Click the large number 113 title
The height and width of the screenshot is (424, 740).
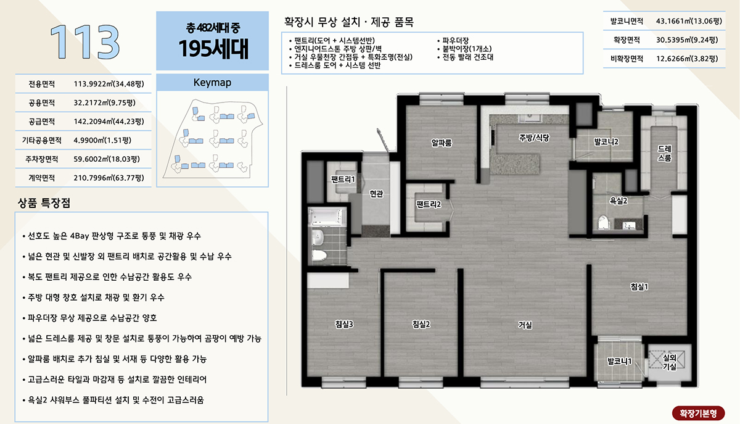point(84,42)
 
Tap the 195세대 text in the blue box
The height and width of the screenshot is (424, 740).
point(213,49)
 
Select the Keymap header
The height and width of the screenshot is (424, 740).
point(212,82)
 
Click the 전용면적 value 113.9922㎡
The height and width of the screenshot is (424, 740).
point(109,84)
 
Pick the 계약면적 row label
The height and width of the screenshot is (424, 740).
point(42,178)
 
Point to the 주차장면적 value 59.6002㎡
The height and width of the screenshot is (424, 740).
point(107,159)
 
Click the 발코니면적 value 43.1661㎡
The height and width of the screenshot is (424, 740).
point(689,21)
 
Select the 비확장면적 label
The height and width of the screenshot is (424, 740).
point(627,59)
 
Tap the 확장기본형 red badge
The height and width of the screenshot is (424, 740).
point(698,413)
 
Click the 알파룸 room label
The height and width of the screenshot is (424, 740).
point(442,143)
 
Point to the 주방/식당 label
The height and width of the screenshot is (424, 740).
point(534,138)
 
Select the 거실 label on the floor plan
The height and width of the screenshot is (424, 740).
point(525,325)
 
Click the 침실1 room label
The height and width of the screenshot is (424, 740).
point(639,287)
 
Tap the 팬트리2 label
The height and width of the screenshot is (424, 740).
point(429,204)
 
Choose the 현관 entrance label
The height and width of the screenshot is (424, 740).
point(376,193)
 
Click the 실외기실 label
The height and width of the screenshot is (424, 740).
point(670,362)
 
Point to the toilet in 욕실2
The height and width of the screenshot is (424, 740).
point(604,222)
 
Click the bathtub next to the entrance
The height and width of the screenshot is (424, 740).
point(327,217)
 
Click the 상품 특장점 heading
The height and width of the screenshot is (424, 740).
point(44,202)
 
